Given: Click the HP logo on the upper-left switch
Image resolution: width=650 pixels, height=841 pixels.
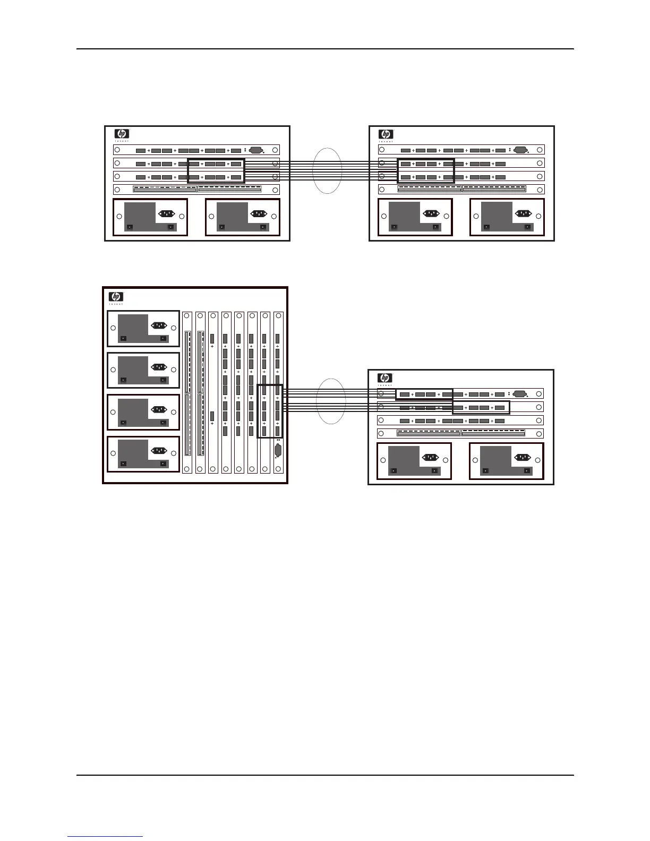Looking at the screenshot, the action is (x=122, y=134).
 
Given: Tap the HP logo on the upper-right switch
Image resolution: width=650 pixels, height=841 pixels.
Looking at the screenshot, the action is (x=386, y=134).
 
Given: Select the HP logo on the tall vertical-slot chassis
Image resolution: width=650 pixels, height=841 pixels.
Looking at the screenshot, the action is (x=116, y=296).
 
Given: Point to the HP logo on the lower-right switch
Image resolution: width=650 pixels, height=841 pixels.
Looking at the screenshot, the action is (x=384, y=378).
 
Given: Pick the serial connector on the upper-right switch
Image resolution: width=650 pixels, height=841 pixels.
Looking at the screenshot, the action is (x=520, y=150).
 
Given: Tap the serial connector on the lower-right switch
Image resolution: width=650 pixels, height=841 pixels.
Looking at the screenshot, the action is (x=519, y=394).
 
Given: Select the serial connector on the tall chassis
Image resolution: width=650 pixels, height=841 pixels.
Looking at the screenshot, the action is (x=277, y=451).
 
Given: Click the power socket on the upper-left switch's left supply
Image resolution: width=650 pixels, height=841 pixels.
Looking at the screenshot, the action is (x=166, y=213).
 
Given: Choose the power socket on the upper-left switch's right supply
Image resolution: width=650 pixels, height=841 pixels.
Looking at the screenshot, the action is (x=259, y=213).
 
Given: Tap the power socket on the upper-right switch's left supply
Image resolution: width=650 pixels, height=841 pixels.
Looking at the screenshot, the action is (x=431, y=213).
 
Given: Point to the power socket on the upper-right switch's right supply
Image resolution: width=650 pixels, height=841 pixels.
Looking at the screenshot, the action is (x=523, y=213).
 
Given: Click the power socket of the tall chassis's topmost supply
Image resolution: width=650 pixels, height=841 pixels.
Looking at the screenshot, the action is (x=159, y=325).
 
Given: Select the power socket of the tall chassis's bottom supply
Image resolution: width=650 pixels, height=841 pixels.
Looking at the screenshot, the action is (x=159, y=451).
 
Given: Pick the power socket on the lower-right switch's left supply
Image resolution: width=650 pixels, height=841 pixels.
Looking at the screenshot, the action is (x=430, y=457).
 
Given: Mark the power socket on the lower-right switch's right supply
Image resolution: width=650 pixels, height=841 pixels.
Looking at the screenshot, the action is (x=522, y=457).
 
